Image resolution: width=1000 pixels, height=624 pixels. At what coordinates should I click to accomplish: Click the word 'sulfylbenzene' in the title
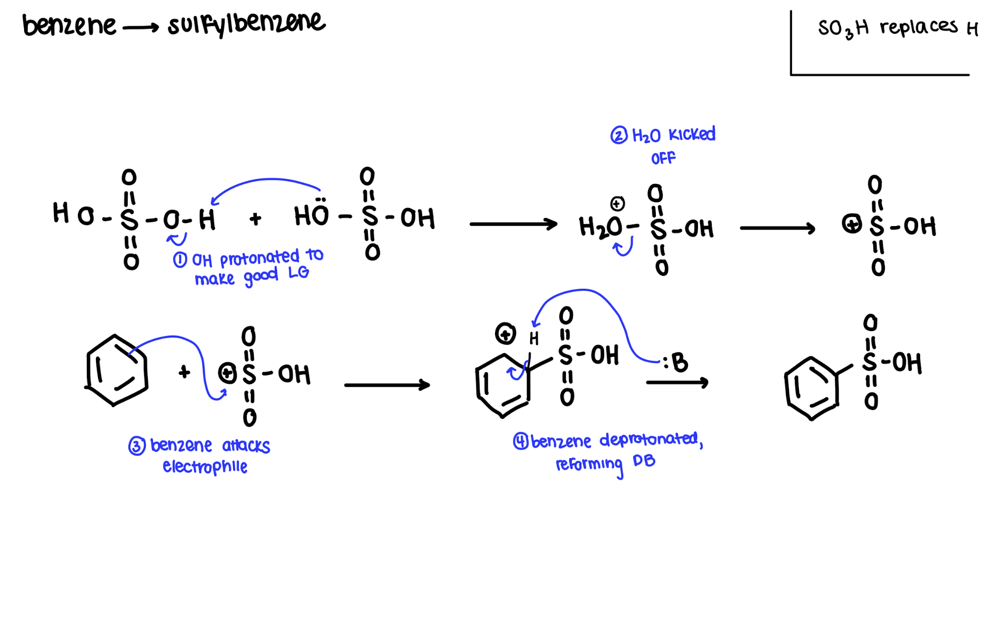pos(246,24)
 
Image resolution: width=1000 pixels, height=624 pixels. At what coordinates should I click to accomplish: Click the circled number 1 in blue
pos(180,260)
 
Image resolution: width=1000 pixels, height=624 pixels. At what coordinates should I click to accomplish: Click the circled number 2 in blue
pos(619,136)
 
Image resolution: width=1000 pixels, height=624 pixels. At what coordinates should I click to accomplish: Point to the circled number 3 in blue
pos(137,446)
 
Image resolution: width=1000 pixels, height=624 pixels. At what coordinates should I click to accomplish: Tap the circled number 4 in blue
pos(521,442)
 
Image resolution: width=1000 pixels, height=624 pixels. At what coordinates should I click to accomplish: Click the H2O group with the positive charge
pos(601,227)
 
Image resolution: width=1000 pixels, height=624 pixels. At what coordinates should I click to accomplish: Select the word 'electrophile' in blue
pos(205,467)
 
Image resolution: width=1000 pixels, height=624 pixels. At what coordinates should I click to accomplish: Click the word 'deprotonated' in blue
pos(649,440)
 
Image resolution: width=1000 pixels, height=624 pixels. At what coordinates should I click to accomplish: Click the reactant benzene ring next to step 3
pos(116,370)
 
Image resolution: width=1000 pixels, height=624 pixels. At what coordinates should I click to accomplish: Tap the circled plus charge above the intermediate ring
pos(505,334)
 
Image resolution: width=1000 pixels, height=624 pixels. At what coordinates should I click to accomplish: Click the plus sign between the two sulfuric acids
pos(255,219)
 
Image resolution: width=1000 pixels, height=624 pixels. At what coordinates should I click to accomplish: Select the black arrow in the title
pos(141,28)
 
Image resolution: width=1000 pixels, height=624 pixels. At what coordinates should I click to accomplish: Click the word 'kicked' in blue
pos(691,135)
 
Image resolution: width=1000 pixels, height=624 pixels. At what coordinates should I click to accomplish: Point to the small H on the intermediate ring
pos(534,339)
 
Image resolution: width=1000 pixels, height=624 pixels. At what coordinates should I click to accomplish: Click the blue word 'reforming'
pos(589,464)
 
